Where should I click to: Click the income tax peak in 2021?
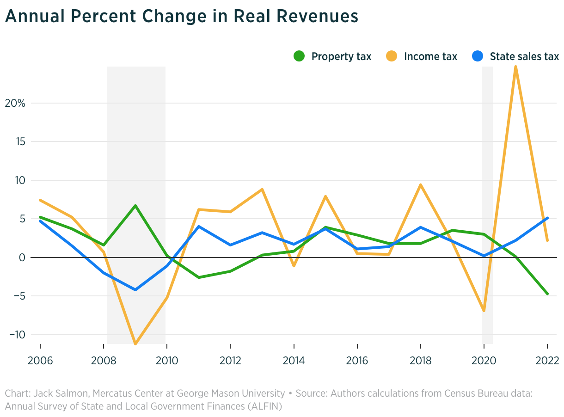coord(515,67)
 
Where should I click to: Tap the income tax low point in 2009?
coord(135,343)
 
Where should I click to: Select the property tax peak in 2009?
coord(135,205)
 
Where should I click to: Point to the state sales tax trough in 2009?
coord(135,289)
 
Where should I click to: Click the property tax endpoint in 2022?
coord(547,294)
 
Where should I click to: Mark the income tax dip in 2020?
coord(484,311)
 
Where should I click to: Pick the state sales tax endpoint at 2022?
coord(547,218)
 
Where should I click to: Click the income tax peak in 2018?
coord(421,185)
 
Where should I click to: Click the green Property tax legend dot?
coord(299,56)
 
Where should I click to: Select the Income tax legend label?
coord(430,56)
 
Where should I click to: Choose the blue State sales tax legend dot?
coord(477,56)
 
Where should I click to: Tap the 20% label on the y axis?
coord(15,103)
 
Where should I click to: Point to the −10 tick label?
coord(18,335)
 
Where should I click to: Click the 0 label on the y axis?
coord(22,258)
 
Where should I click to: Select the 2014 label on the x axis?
coord(294,361)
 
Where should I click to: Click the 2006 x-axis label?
coord(40,361)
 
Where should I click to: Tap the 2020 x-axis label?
coord(484,361)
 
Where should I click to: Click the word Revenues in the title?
coord(317,16)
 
